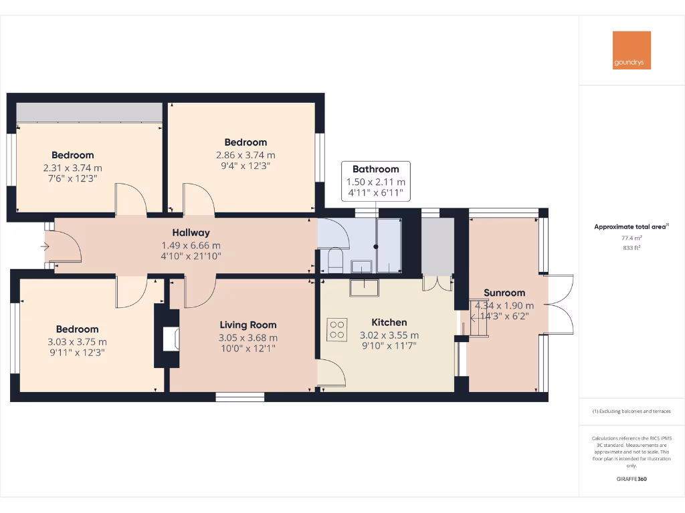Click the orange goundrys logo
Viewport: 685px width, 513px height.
631,50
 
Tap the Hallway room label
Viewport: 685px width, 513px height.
191,232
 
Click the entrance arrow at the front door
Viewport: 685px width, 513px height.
45,247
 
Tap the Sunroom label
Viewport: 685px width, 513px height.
504,293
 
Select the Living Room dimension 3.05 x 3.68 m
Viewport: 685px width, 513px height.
248,338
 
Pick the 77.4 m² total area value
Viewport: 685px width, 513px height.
631,238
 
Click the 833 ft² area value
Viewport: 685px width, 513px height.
631,247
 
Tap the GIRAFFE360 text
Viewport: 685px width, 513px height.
631,479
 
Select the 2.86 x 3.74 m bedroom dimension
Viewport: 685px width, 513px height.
246,155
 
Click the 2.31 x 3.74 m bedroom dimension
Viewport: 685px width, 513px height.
72,168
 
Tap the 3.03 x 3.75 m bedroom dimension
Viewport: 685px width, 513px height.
77,342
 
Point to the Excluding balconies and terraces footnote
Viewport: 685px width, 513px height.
631,411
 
